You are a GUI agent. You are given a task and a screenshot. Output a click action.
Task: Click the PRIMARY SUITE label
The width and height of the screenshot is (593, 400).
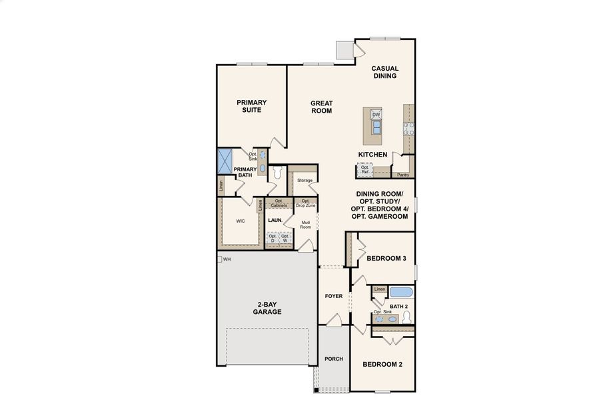coord(252,106)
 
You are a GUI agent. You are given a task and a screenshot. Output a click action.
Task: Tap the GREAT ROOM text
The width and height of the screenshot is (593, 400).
coord(321,107)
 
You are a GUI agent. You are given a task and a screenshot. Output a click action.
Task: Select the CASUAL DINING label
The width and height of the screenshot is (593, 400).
coord(384,72)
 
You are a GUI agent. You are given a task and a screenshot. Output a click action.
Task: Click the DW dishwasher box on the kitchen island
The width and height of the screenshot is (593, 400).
coord(376,115)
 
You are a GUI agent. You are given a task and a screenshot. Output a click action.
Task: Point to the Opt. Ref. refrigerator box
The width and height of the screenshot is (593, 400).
coord(364,170)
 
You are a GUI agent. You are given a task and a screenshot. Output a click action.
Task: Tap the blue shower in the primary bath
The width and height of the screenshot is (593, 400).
coord(225,160)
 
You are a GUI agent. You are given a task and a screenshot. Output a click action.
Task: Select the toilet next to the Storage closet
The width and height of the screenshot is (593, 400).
coord(278,173)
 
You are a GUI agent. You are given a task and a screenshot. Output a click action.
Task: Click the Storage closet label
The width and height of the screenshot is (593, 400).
coord(304,181)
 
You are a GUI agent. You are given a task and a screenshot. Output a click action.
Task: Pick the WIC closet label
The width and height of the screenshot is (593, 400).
coord(241,221)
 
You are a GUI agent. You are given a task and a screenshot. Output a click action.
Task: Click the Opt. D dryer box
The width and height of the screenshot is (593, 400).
coord(273,238)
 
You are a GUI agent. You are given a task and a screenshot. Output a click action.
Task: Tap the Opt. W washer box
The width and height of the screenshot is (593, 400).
coord(285,238)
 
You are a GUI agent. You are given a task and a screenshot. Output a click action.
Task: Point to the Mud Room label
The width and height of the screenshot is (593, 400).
coord(305,225)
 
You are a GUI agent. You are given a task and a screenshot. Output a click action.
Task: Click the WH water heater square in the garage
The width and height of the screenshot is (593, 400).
coord(219,259)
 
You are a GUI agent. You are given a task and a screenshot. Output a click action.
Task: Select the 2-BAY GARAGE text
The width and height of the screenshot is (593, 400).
coord(266,308)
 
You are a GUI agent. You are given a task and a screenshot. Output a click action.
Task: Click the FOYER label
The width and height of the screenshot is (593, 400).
coord(333,295)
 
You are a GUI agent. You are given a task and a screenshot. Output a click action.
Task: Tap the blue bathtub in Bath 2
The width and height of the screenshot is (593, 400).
coord(402,291)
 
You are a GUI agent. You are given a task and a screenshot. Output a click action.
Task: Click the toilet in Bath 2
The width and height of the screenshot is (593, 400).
coord(392,319)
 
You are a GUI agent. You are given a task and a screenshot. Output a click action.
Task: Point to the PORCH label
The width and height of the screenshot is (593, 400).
coord(333,359)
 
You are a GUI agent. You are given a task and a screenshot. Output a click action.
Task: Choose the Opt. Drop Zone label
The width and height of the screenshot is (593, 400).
coord(305,203)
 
